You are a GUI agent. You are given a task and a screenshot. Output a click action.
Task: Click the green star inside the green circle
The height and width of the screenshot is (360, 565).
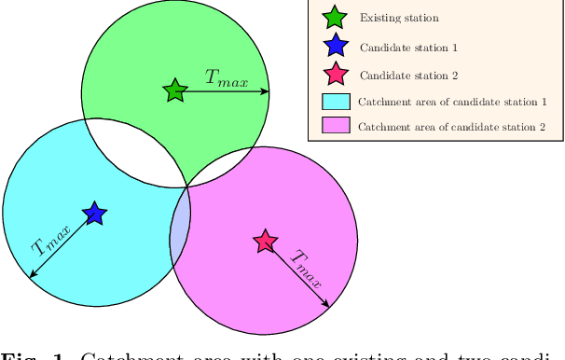[x=174, y=90]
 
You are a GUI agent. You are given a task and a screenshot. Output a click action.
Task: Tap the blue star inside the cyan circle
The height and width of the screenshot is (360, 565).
[x=93, y=214]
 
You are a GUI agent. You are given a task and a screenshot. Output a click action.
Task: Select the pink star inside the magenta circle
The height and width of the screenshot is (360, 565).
[x=266, y=242]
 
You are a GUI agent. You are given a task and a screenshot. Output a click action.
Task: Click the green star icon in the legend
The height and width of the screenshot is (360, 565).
[x=335, y=17]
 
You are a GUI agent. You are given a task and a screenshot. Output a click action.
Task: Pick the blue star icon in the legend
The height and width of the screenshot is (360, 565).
[x=335, y=45]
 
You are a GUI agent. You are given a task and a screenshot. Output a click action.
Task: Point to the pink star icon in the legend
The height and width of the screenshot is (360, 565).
[x=335, y=74]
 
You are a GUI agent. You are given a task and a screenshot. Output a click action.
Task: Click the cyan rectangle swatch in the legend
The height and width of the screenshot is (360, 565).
[x=335, y=102]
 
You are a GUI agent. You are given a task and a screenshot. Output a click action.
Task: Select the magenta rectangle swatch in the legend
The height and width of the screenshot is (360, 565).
[x=335, y=125]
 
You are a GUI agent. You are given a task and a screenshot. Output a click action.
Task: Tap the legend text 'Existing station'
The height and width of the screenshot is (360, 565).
[x=399, y=18]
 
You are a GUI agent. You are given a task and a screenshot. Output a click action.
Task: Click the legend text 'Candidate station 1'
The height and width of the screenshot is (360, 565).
[x=408, y=46]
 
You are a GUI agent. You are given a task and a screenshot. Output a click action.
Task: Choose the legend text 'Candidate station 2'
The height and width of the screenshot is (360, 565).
[x=408, y=75]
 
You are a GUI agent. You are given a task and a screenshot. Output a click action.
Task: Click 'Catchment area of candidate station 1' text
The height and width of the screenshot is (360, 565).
[x=451, y=102]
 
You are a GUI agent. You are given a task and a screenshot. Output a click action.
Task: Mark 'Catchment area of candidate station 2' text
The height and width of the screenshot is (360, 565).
[x=451, y=126]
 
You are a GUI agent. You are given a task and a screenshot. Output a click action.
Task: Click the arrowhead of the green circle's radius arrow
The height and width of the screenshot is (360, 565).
[x=266, y=91]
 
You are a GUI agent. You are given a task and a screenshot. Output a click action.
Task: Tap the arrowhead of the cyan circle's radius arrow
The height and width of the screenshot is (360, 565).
[x=33, y=274]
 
